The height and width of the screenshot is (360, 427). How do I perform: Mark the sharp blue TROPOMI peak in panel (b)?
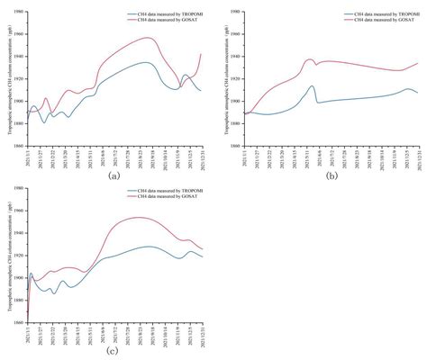click(x=312, y=86)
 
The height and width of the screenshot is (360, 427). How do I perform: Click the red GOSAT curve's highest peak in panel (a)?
click(x=149, y=38)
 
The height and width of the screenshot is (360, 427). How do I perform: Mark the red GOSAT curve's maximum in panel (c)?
click(x=140, y=217)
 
